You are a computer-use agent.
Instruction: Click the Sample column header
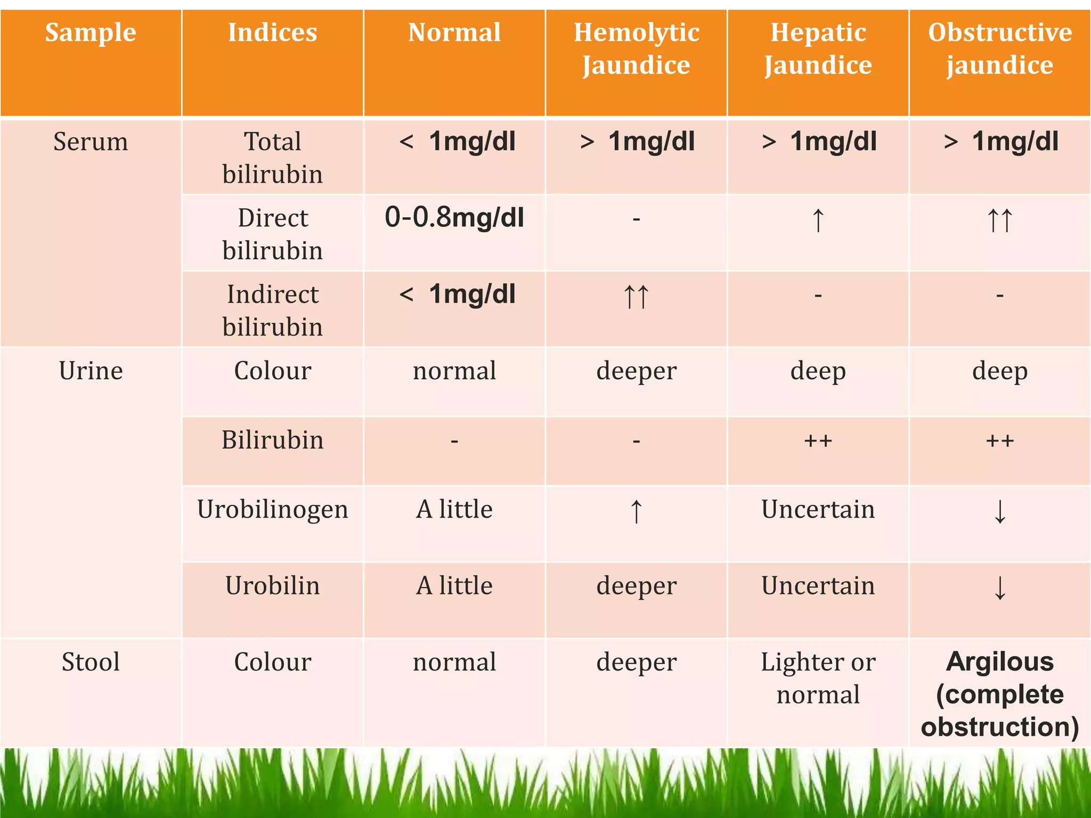point(91,33)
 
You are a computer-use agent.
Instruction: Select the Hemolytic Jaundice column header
point(636,49)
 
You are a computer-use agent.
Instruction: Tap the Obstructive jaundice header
point(999,49)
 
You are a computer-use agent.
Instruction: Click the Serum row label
point(91,142)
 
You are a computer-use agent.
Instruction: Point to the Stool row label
point(91,662)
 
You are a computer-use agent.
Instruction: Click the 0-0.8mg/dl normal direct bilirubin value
point(454,218)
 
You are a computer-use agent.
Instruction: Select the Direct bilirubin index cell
point(273,234)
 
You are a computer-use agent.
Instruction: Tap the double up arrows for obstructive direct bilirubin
point(999,220)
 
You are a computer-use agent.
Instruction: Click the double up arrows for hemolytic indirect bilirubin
point(636,296)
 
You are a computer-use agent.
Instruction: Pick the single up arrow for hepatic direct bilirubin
point(818,220)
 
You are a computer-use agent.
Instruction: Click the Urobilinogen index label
point(273,510)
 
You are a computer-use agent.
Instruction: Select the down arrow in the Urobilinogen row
point(1000,512)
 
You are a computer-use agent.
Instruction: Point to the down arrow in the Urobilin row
point(1000,588)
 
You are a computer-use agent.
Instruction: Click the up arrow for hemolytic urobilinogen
point(636,512)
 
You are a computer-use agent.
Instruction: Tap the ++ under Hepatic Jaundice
point(818,441)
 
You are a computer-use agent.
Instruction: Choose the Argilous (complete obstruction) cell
point(999,694)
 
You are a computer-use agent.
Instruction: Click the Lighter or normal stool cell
point(818,678)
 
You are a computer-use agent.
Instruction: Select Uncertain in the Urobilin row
point(818,586)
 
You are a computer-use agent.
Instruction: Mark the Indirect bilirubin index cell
point(273,310)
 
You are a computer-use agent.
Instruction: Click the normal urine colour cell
point(454,371)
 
